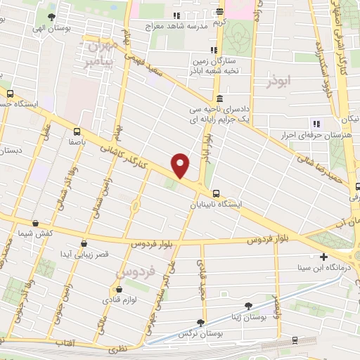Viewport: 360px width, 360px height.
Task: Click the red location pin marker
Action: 181,165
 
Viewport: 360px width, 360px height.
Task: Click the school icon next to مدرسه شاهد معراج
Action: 176,15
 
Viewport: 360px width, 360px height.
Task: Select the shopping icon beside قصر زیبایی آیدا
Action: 84,243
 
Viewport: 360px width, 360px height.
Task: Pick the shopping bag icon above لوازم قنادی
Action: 117,290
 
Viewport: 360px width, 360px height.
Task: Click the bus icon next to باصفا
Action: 76,130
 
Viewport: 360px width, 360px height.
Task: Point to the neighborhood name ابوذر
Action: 278,82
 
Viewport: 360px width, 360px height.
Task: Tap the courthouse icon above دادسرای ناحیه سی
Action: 220,98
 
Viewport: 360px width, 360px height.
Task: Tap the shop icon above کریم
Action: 220,11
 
